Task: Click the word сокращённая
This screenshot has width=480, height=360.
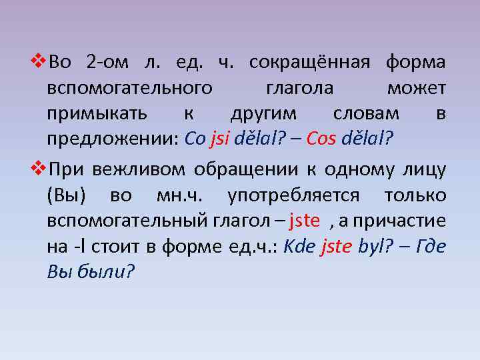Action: [x=309, y=63]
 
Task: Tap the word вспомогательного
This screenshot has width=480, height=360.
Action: [x=130, y=88]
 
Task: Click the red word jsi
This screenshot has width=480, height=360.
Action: [x=219, y=139]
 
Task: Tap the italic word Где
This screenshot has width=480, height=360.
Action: [x=429, y=246]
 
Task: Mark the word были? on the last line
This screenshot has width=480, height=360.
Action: [x=107, y=271]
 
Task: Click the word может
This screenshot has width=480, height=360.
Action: [x=416, y=88]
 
